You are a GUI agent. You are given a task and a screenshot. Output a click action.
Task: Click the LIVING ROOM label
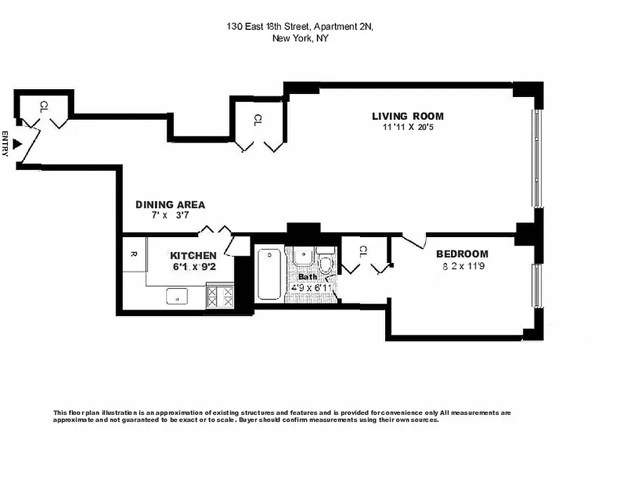(x=407, y=116)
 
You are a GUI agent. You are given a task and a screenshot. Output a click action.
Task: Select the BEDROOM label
(x=461, y=254)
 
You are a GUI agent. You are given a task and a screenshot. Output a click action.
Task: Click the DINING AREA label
(x=170, y=205)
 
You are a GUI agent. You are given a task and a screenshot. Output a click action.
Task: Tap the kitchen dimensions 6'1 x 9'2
(x=194, y=267)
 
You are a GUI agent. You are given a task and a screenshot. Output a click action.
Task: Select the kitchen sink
(x=177, y=295)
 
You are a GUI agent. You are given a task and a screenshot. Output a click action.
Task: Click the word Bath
(x=307, y=277)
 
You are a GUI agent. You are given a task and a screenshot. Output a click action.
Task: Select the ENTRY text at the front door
(x=5, y=144)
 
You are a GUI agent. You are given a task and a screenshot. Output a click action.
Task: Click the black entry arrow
(x=18, y=144)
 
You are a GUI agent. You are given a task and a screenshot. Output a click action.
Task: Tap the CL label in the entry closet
(x=43, y=107)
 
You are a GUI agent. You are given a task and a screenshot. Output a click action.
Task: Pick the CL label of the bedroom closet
(x=362, y=252)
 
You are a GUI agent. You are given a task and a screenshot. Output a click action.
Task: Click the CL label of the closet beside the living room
(x=258, y=120)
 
